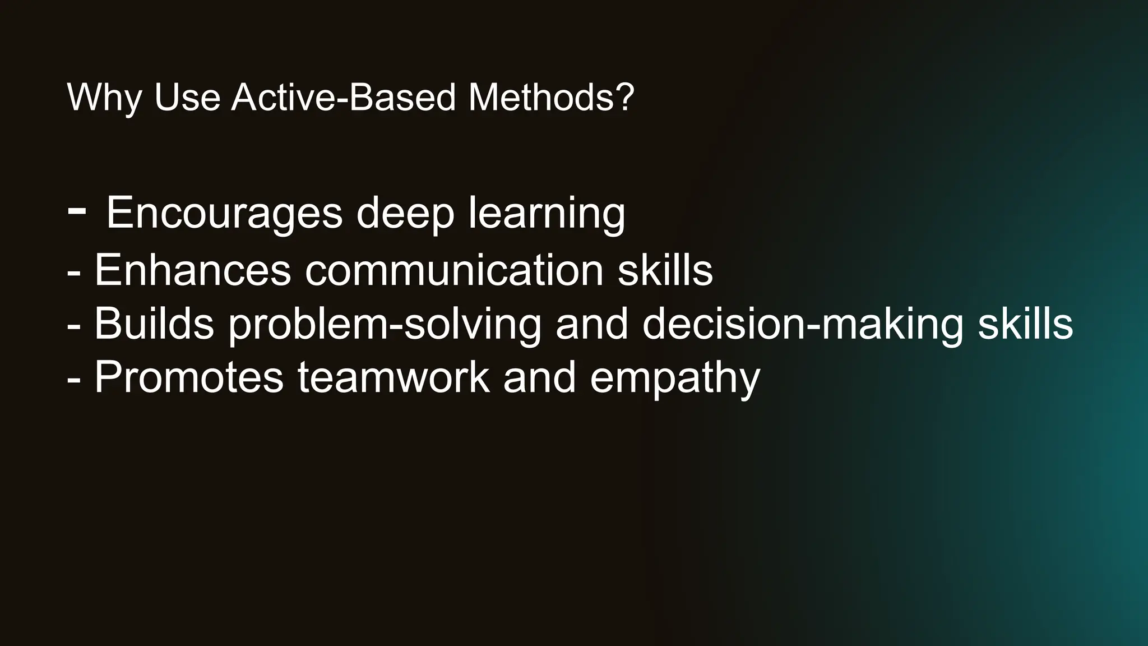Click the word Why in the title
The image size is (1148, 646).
104,98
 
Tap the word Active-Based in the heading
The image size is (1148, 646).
344,97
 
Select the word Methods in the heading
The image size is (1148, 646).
541,97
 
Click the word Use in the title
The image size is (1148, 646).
187,97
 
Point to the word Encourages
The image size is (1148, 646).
224,214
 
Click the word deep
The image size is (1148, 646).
405,215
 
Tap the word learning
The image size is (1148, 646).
547,215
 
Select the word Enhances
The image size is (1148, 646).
192,270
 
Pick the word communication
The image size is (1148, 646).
454,270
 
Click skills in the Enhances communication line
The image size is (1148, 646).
665,270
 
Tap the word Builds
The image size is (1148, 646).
154,324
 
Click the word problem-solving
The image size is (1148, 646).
385,325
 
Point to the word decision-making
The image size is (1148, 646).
803,325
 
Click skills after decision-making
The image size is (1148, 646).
1025,324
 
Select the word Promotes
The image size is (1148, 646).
189,377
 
